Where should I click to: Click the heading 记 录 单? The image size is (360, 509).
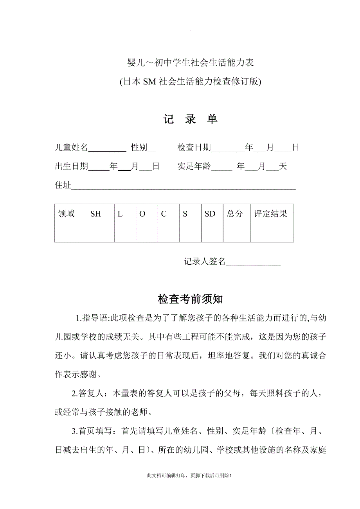pyautogui.click(x=191, y=119)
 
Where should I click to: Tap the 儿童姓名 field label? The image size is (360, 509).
pyautogui.click(x=71, y=147)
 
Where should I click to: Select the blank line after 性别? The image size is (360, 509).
pyautogui.click(x=152, y=149)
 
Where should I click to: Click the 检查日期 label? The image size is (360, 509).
pyautogui.click(x=194, y=147)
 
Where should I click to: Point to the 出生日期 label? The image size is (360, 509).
pyautogui.click(x=71, y=167)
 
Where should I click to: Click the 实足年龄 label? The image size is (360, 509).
pyautogui.click(x=194, y=167)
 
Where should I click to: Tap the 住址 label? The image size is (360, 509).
pyautogui.click(x=63, y=185)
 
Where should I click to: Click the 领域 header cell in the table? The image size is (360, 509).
pyautogui.click(x=67, y=214)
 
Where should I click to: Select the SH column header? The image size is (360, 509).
pyautogui.click(x=95, y=214)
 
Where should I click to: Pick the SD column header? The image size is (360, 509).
pyautogui.click(x=210, y=214)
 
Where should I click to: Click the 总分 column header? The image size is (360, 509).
pyautogui.click(x=235, y=214)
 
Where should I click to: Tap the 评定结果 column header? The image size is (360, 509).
pyautogui.click(x=271, y=214)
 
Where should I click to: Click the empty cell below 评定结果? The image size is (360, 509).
pyautogui.click(x=272, y=233)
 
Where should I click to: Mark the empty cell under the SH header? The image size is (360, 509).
pyautogui.click(x=101, y=233)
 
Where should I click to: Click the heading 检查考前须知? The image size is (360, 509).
pyautogui.click(x=191, y=299)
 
